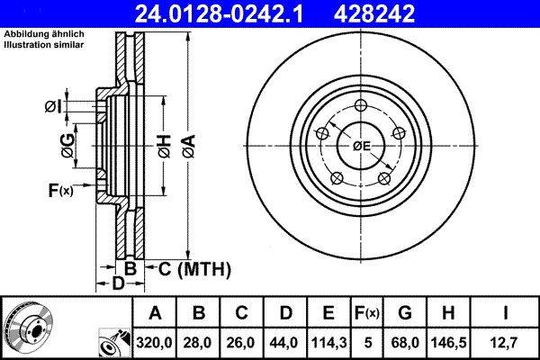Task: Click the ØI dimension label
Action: tap(54, 107)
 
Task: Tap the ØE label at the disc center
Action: tap(362, 146)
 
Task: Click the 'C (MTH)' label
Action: tap(194, 268)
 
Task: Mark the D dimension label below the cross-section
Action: tap(118, 283)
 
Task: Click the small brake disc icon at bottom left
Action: tap(27, 326)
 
